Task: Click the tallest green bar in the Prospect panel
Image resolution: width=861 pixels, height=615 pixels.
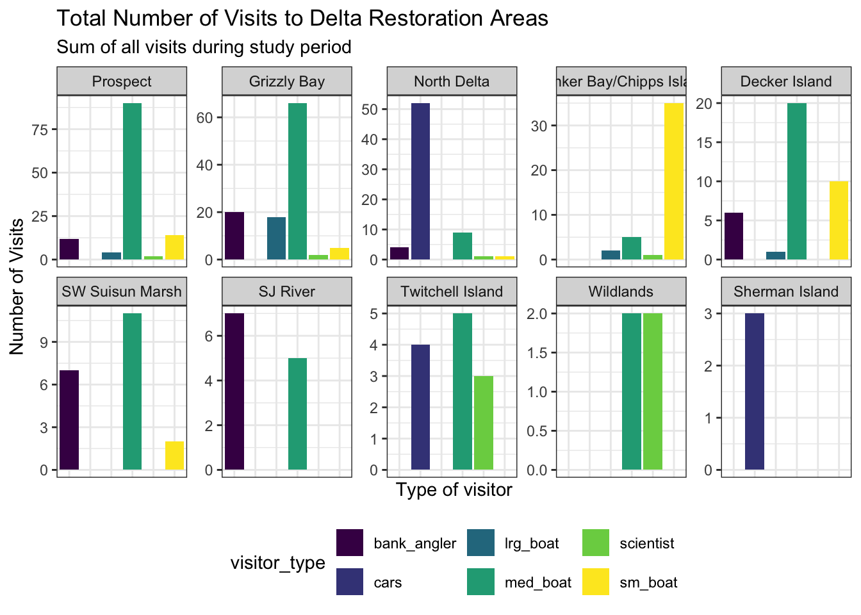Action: point(132,181)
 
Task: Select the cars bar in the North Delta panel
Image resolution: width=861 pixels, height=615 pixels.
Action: point(420,181)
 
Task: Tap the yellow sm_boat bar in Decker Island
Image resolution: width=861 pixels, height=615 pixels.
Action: point(839,220)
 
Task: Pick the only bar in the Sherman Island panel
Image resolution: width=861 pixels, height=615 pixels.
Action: point(754,391)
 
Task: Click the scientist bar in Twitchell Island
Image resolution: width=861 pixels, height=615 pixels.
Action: point(483,423)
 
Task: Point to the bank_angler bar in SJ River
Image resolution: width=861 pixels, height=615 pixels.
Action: point(234,391)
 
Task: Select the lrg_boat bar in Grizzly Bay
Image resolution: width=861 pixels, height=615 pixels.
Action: point(276,238)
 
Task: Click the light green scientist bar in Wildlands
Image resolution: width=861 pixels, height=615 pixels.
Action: point(652,391)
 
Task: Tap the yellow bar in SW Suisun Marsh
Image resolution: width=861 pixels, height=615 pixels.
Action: point(174,455)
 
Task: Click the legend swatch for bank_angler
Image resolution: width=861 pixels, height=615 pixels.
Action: point(350,543)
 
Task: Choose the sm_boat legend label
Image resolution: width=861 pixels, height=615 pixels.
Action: point(648,582)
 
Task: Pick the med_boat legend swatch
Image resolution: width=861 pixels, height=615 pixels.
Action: point(480,582)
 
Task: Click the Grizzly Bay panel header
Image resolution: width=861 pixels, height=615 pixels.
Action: point(287,81)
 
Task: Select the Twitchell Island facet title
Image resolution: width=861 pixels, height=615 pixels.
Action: point(452,291)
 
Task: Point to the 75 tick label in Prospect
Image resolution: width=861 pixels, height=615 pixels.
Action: point(40,129)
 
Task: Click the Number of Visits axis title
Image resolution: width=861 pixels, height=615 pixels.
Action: point(17,286)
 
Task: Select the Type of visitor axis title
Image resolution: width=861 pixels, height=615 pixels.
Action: point(454,490)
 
